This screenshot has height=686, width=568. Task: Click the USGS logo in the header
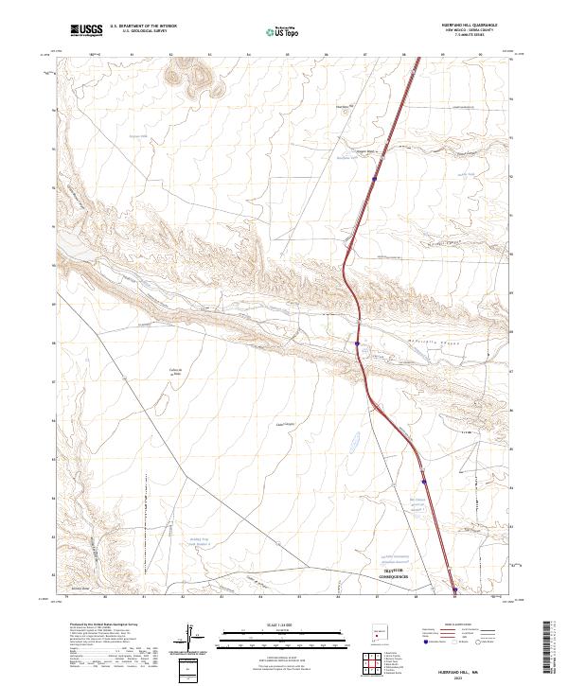click(86, 30)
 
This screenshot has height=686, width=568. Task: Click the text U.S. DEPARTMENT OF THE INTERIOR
click(144, 26)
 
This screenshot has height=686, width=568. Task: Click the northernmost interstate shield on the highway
click(375, 177)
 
